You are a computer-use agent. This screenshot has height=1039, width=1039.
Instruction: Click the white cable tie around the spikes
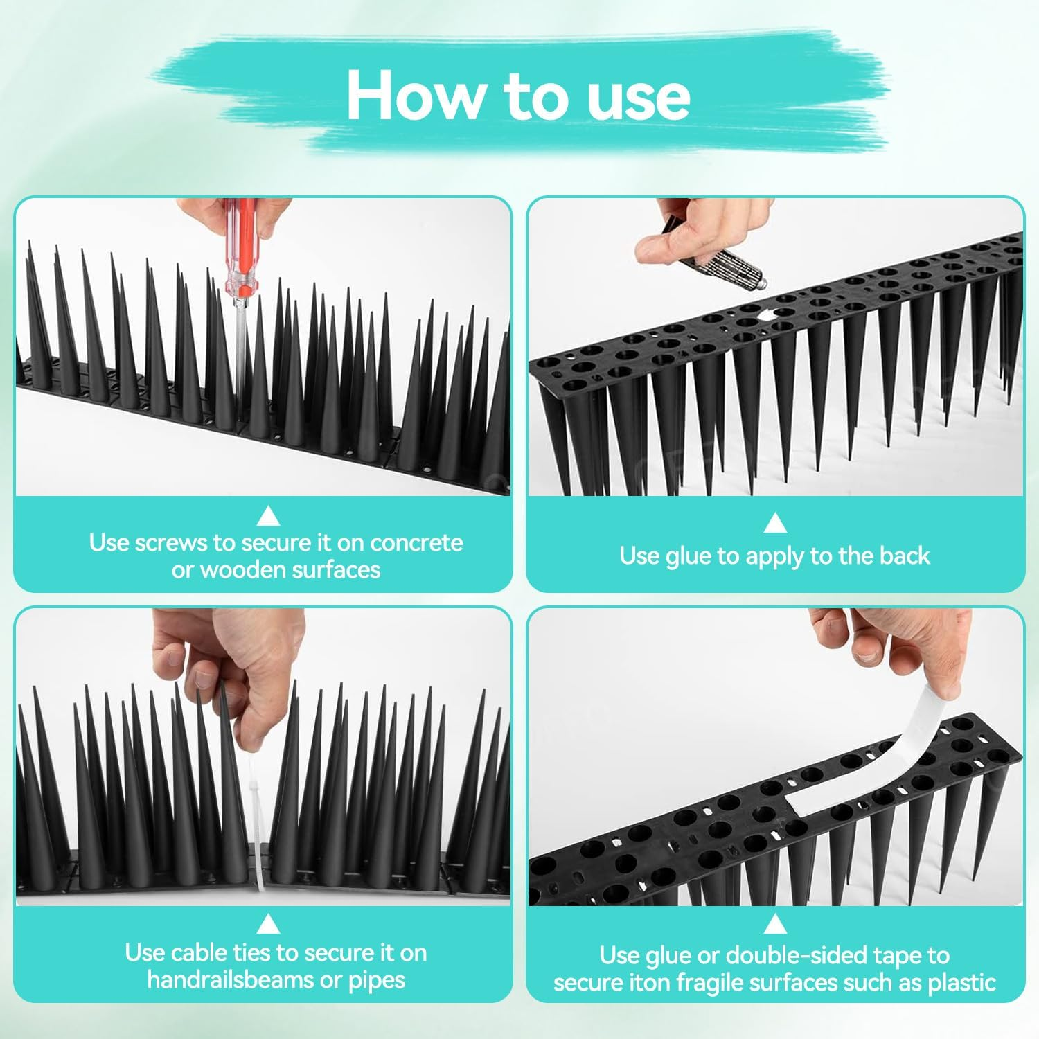click(256, 831)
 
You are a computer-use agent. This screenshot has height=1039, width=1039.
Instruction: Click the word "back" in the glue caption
click(904, 556)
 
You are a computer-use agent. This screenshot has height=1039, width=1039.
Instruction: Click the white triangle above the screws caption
click(268, 516)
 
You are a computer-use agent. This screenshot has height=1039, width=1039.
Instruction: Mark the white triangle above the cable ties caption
click(268, 925)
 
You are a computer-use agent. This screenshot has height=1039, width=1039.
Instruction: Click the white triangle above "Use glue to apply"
click(774, 522)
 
